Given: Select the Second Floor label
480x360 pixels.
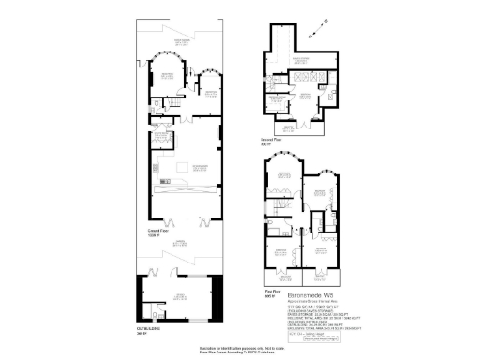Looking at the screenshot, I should tap(272, 142).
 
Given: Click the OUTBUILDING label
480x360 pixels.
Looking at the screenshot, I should tap(149, 329).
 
